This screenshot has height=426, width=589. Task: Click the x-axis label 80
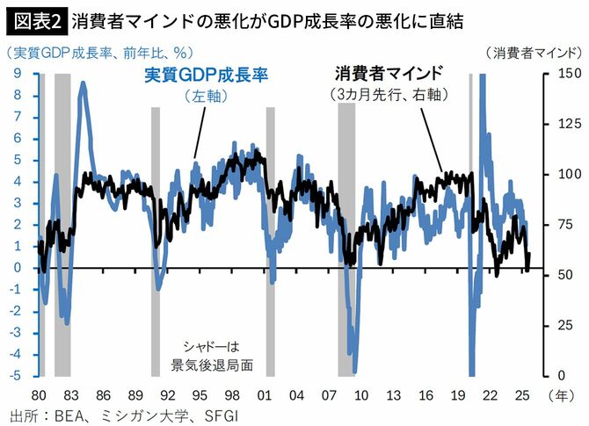pyautogui.click(x=40, y=394)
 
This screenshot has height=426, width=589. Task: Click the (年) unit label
pyautogui.click(x=560, y=394)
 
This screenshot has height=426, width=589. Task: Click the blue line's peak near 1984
pyautogui.click(x=83, y=83)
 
